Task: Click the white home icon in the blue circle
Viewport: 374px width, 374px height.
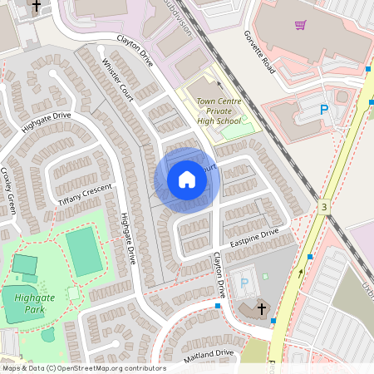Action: click(x=186, y=180)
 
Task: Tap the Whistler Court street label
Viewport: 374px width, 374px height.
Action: click(x=116, y=81)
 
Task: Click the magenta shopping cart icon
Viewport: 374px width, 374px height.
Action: click(x=300, y=24)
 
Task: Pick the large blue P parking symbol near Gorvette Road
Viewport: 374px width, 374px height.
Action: click(x=324, y=109)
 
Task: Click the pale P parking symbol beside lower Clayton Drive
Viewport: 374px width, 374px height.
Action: click(x=244, y=283)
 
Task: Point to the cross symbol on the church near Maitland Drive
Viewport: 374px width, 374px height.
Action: click(x=262, y=308)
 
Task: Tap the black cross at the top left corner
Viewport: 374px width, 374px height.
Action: click(x=36, y=6)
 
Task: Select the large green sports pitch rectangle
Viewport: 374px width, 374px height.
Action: click(x=83, y=250)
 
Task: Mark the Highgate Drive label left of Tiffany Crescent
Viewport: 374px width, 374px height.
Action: click(x=46, y=121)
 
